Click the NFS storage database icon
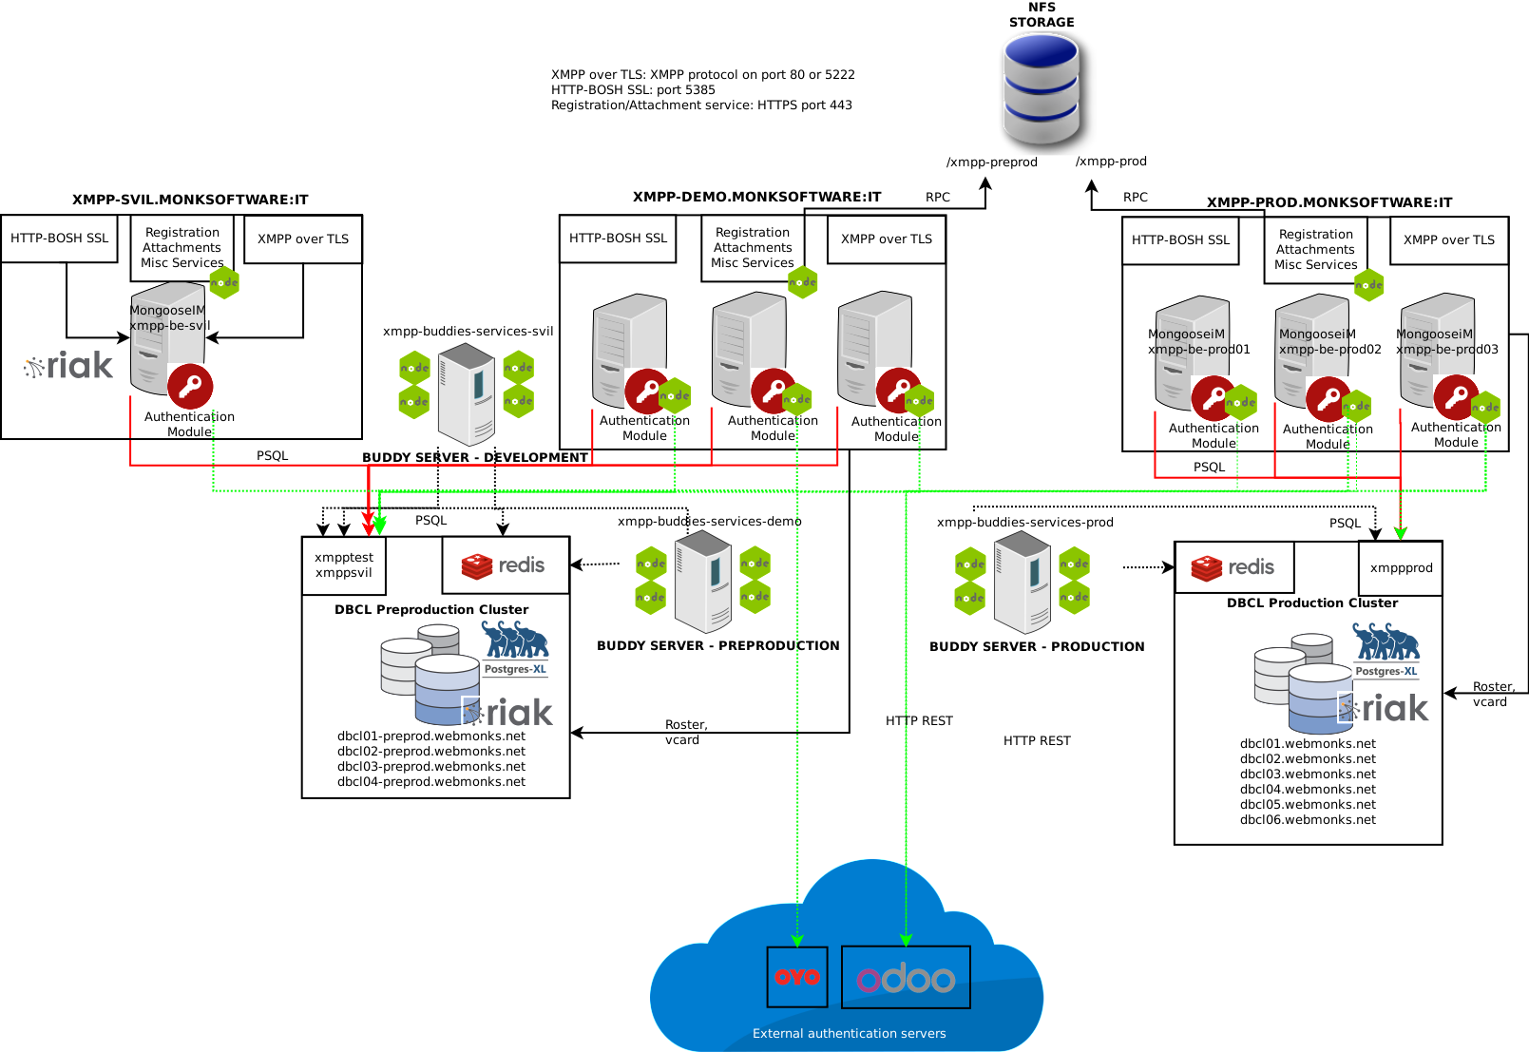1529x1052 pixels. click(1042, 88)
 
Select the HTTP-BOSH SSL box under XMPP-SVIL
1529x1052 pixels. click(59, 239)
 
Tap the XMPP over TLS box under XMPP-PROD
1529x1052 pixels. click(1448, 240)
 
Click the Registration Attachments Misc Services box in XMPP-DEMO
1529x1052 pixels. click(752, 248)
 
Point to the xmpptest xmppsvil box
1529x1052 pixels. click(344, 565)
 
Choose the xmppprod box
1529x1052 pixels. click(1401, 568)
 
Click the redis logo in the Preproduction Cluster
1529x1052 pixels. click(505, 565)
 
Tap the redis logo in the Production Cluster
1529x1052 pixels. click(1233, 567)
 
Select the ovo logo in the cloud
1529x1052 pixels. click(797, 976)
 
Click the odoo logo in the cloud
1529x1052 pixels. click(906, 978)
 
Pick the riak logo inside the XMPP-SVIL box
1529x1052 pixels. click(68, 366)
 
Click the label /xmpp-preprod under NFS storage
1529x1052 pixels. click(991, 163)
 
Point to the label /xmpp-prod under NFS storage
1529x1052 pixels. click(1111, 162)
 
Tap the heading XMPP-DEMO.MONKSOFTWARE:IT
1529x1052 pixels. click(756, 198)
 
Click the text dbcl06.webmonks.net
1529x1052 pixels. click(1308, 820)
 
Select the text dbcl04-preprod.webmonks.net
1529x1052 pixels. click(430, 782)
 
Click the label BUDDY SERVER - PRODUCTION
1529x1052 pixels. click(1037, 647)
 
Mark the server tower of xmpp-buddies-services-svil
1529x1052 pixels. click(466, 393)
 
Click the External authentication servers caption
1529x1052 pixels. click(849, 1034)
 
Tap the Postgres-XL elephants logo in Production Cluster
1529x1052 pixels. click(1386, 644)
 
